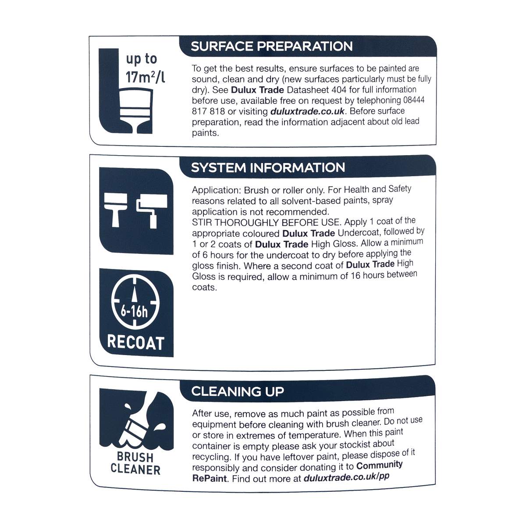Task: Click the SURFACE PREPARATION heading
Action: (x=272, y=46)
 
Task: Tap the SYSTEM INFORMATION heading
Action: (x=268, y=167)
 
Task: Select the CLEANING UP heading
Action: (x=238, y=391)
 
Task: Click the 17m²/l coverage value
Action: (x=145, y=77)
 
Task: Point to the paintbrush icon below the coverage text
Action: (x=135, y=111)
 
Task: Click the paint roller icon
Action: (x=152, y=211)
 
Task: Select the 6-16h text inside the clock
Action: (x=134, y=312)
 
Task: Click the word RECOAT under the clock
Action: (x=135, y=342)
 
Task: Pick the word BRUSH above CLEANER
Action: (x=135, y=457)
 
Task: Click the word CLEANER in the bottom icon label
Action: (x=135, y=469)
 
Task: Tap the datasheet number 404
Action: (x=339, y=89)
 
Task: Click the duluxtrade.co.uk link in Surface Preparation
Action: (x=307, y=111)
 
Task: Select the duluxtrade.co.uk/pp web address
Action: (x=346, y=477)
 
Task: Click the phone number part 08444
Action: (x=413, y=100)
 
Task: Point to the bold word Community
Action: (x=380, y=465)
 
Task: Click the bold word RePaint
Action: (x=210, y=478)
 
